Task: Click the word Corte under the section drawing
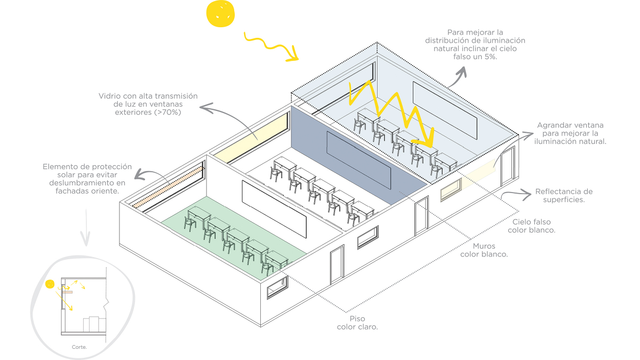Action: pos(79,347)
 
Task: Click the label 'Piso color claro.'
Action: pos(357,323)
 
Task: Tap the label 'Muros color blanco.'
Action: pos(484,250)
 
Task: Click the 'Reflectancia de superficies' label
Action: pos(564,195)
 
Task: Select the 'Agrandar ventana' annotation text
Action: pos(570,125)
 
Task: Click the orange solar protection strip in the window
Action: pos(168,186)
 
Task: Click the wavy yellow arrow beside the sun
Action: pos(270,46)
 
